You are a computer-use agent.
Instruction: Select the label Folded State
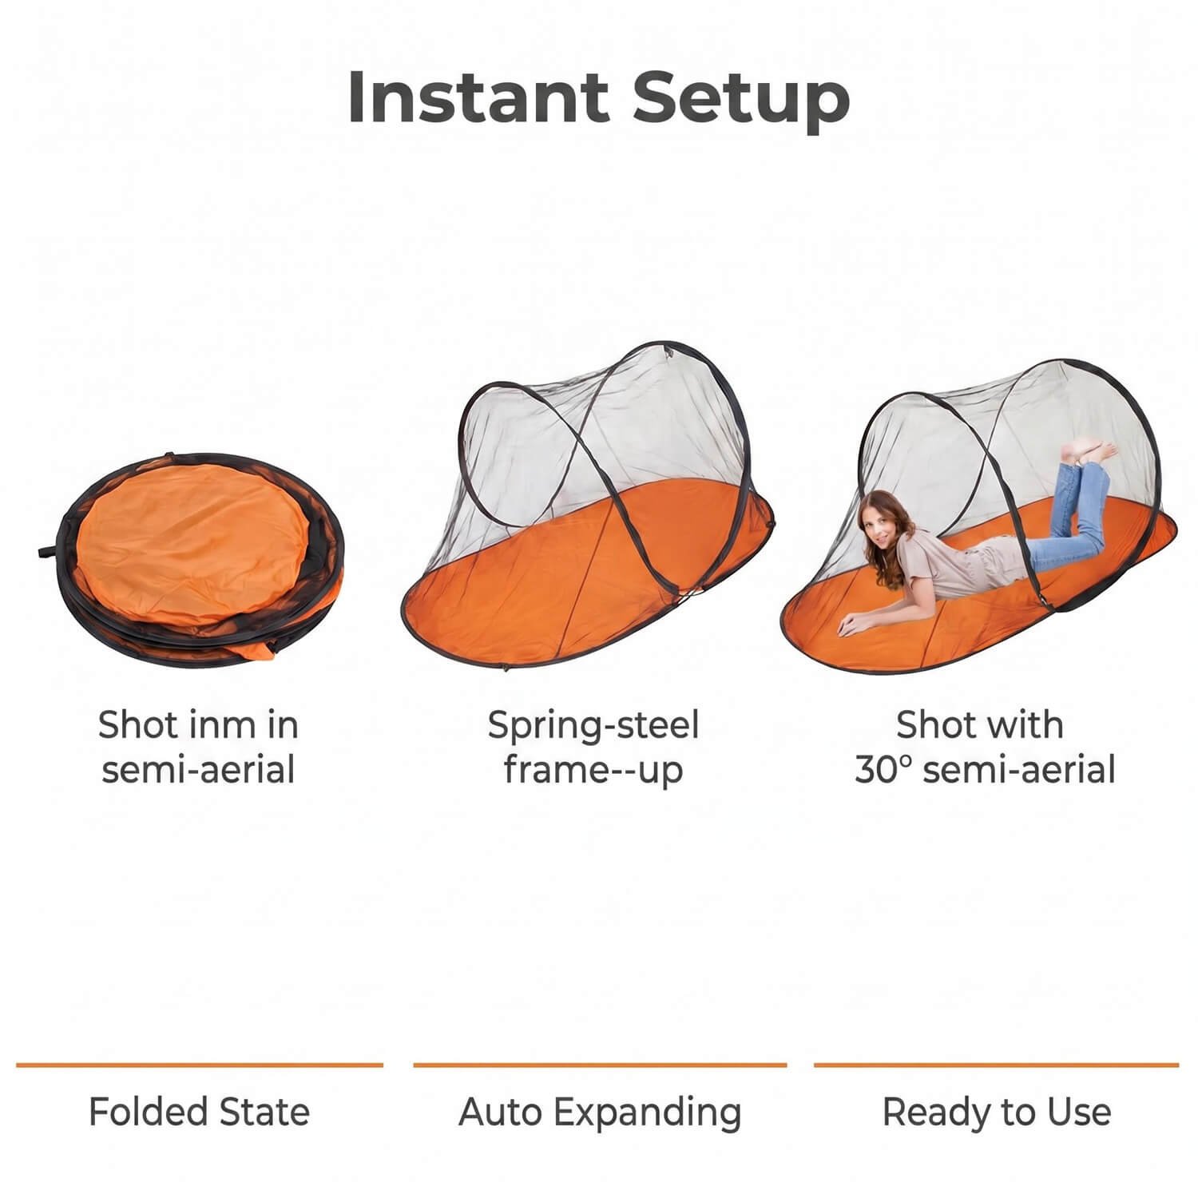coord(199,1112)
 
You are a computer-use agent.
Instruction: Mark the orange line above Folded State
coord(200,1065)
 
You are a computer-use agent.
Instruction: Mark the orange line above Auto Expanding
coord(600,1065)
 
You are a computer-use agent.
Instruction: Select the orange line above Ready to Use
coord(997,1065)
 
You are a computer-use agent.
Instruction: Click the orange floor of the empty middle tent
coord(583,591)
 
